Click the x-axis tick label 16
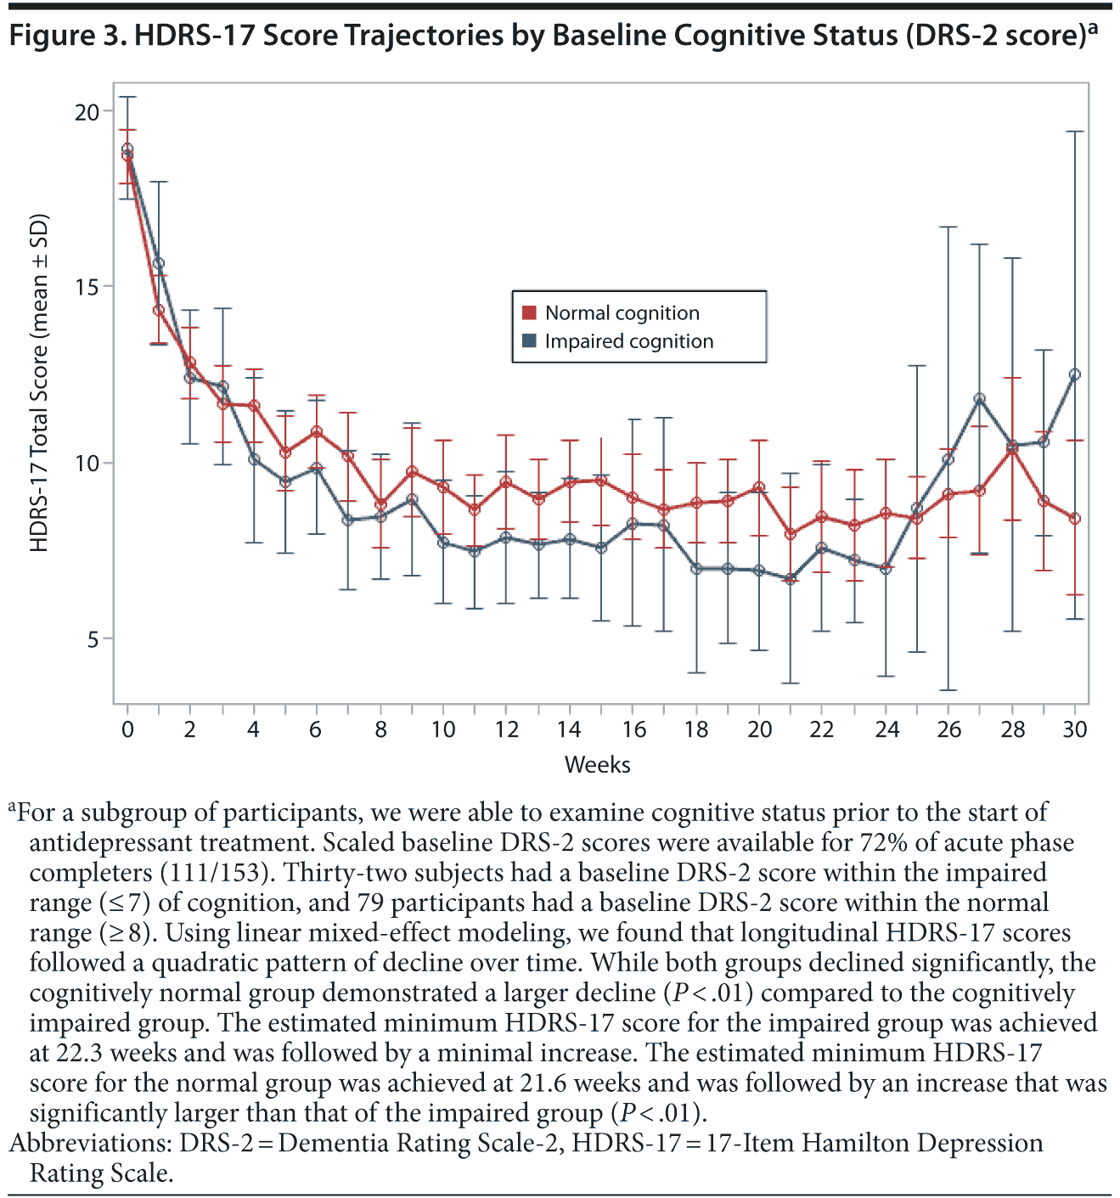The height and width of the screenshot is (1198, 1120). [x=633, y=729]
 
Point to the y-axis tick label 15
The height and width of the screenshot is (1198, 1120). [x=87, y=286]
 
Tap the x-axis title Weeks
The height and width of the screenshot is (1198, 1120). [x=597, y=764]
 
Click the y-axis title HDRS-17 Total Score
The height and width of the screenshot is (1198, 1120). [x=39, y=382]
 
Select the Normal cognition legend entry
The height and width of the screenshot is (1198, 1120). [x=622, y=313]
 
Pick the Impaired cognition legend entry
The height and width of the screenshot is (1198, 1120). [x=628, y=341]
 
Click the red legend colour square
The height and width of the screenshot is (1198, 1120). [x=530, y=313]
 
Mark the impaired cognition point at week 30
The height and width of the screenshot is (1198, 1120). [x=1075, y=374]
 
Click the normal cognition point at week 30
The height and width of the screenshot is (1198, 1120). [x=1075, y=518]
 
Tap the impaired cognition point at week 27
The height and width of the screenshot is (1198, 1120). [x=980, y=398]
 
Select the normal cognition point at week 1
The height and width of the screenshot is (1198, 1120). [x=159, y=310]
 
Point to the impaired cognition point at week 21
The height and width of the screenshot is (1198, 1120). [x=791, y=578]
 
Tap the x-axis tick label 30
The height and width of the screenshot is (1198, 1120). [x=1075, y=729]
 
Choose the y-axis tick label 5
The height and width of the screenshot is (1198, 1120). [x=93, y=639]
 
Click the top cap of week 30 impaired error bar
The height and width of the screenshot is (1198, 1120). [x=1075, y=132]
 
